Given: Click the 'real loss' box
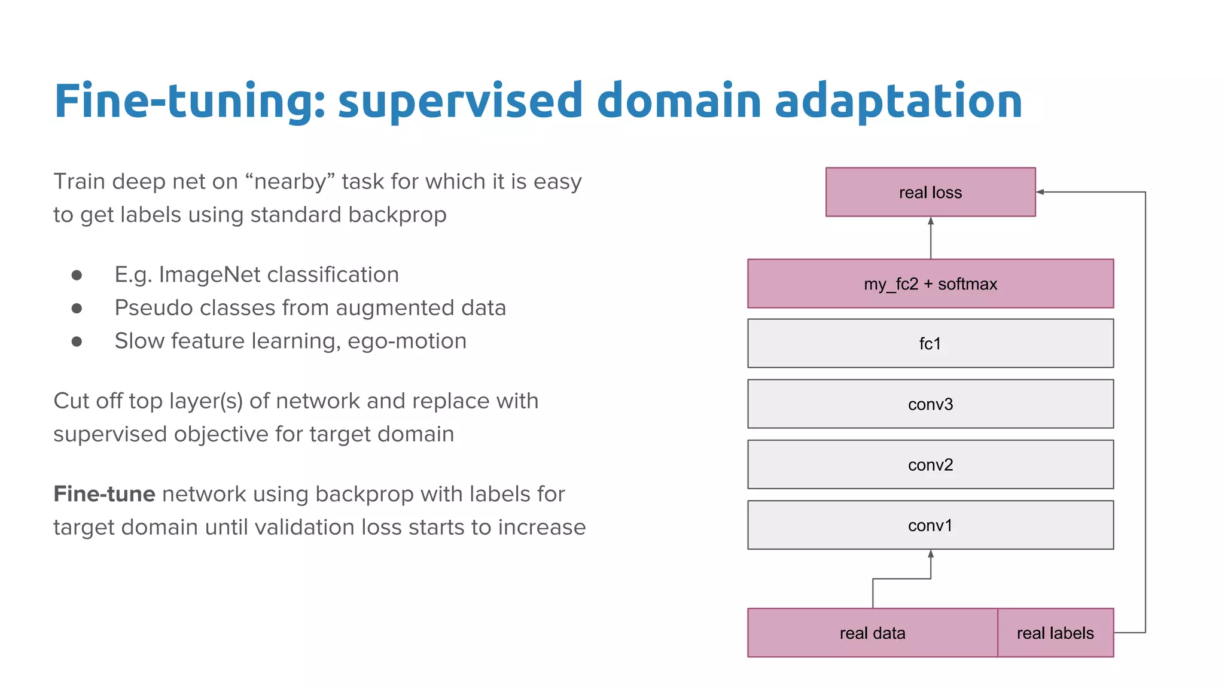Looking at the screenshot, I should coord(930,192).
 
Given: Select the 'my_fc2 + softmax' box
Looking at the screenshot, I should coord(930,283).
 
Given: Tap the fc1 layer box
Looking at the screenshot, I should coord(930,343).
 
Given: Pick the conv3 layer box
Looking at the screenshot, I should coord(930,404).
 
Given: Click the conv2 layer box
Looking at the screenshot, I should coord(930,465).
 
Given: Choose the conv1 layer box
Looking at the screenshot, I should coord(930,525).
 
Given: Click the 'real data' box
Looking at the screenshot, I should coord(872,633).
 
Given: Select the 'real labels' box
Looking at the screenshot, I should coord(1055,633).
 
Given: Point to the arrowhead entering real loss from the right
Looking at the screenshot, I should coord(1040,192).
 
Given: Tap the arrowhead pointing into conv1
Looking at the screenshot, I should coord(931,554).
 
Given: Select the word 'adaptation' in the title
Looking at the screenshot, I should coord(898,100).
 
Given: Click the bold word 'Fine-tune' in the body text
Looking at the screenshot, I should coord(104,494).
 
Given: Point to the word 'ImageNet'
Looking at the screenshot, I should coord(209,275).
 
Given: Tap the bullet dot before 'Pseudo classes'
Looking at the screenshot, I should coord(77,308).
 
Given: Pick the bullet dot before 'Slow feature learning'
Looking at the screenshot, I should coord(77,342).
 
